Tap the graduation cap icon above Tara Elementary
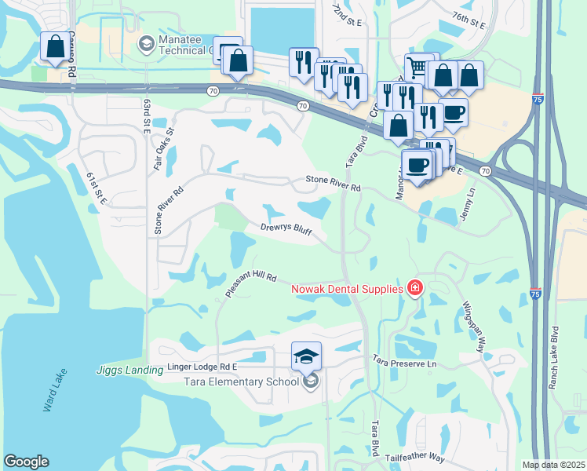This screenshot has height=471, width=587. tap(306, 356)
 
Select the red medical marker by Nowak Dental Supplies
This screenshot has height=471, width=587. tap(414, 289)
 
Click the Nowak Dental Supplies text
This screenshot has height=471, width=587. tap(347, 289)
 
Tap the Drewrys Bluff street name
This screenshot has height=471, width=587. tap(286, 229)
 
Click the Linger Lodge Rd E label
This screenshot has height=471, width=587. tap(202, 367)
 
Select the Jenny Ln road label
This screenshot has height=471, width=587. tap(472, 203)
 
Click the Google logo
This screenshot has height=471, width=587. tap(26, 462)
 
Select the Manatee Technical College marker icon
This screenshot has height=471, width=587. tap(145, 42)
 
